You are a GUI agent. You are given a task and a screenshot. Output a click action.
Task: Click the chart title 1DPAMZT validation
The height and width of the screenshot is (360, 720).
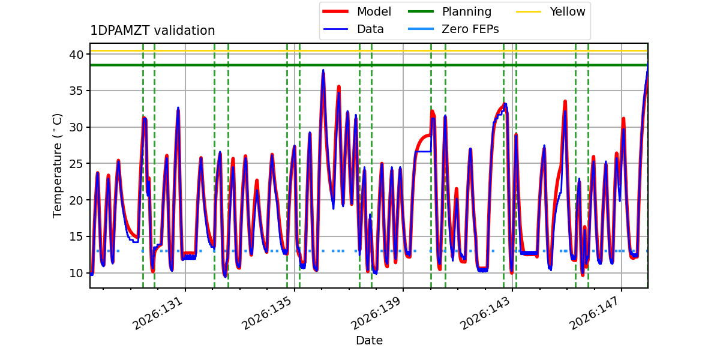pos(152,31)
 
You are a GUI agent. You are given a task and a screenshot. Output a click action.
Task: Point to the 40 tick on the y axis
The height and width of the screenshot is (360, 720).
pos(76,55)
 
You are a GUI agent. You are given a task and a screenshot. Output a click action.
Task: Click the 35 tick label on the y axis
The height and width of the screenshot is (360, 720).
pos(76,91)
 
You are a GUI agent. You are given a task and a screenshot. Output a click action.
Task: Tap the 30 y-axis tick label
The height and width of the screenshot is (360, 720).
pos(76,128)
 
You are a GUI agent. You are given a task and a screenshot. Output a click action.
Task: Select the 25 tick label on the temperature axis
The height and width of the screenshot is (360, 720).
pos(76,164)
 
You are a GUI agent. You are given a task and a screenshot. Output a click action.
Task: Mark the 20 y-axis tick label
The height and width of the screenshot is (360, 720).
pos(76,200)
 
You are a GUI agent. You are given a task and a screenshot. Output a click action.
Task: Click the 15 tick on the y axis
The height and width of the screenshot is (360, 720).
pos(76,237)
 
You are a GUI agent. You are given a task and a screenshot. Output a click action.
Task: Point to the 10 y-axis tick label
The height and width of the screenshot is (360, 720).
pos(76,273)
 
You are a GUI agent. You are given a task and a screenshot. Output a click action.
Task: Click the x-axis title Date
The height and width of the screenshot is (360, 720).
pos(369,340)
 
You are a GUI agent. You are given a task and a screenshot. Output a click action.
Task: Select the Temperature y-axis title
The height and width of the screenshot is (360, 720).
pos(57,166)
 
